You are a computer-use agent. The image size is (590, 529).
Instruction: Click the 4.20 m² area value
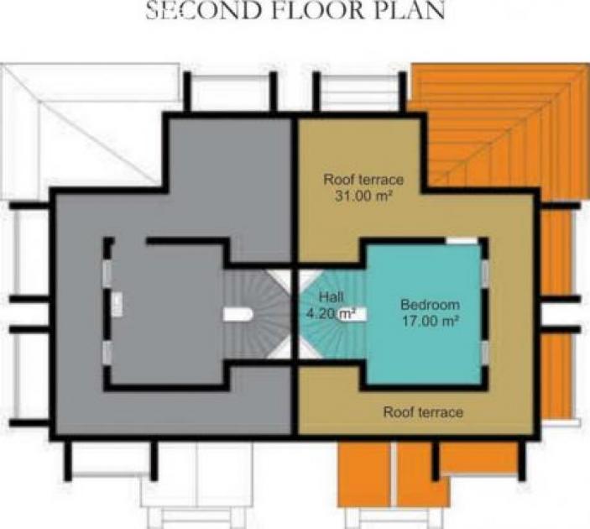(x=332, y=314)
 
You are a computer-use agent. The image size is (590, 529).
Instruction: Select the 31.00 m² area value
(x=364, y=196)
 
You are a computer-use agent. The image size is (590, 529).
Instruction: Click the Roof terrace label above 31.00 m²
(x=364, y=179)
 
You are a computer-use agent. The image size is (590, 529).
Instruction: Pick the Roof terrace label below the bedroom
(x=424, y=412)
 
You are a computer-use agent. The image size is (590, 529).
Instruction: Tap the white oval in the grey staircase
(x=238, y=314)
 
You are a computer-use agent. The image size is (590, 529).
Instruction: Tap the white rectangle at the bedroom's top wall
(x=462, y=242)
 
